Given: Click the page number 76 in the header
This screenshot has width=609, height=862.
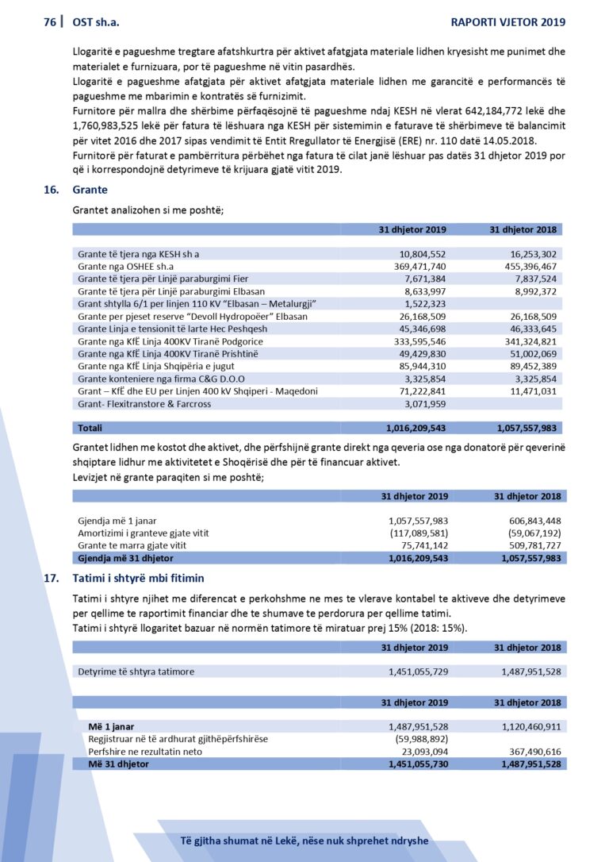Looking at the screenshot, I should pos(49,22).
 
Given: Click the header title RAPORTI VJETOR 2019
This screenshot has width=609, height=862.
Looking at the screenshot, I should pos(507,22).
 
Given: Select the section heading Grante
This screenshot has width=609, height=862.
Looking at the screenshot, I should pos(90,190).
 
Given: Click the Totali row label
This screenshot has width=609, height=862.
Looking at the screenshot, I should pos(90,427).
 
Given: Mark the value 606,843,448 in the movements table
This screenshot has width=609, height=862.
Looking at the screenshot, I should pos(527,521).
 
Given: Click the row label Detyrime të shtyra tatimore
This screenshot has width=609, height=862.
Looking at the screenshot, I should pos(136,672).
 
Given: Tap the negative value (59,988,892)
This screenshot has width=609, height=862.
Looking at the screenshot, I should pos(422,739).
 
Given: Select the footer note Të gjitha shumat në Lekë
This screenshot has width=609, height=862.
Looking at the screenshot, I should pos(304,841).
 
